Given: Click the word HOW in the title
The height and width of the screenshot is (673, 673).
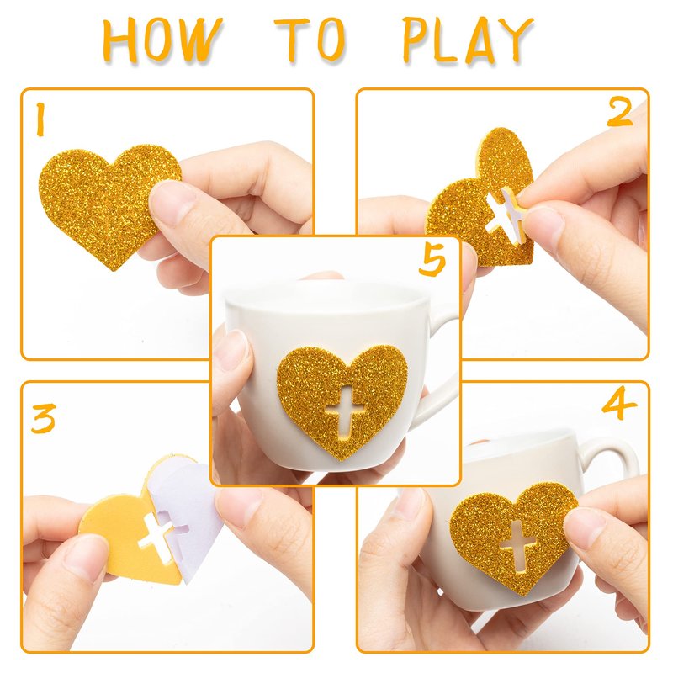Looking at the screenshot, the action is click(163, 40).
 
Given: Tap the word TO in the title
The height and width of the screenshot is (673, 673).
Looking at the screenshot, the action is click(310, 40).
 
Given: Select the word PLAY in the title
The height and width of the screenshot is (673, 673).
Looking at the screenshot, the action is click(468, 40).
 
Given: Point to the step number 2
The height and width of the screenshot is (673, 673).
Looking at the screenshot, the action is click(620, 112).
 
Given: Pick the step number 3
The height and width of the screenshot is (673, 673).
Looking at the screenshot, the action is click(44, 418).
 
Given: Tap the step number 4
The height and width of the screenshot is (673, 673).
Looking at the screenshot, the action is click(619, 405).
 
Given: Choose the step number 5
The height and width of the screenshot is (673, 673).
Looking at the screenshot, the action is click(432, 262).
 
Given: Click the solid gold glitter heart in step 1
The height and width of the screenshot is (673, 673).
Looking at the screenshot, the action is click(108, 202).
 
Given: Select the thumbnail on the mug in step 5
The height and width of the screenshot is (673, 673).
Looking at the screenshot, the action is click(233, 352).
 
